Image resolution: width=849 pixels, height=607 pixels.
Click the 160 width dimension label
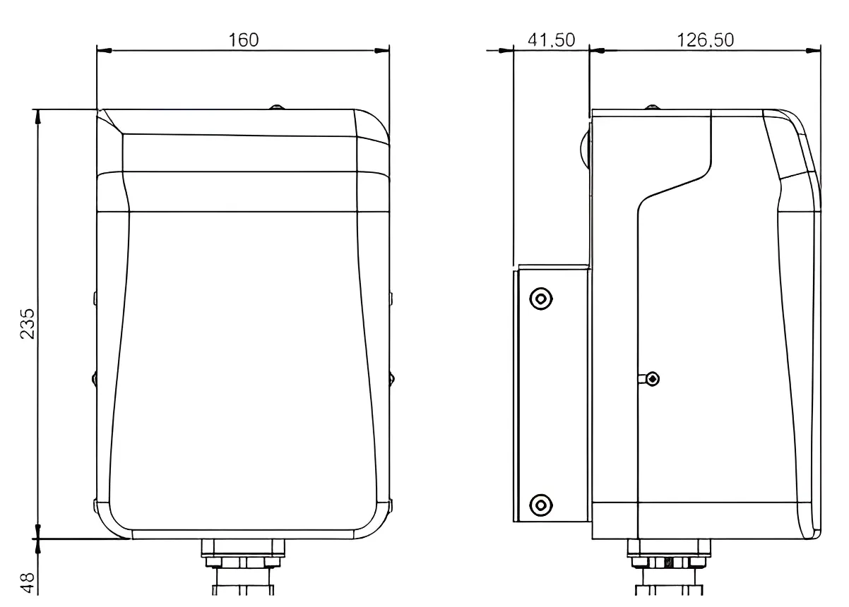[244, 40]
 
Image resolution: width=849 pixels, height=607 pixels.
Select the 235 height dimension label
[28, 324]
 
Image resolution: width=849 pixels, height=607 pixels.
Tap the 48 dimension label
[28, 583]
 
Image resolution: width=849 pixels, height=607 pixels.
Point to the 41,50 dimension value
[552, 40]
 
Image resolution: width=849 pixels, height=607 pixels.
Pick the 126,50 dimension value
[706, 40]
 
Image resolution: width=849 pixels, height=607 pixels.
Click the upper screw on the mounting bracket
[541, 299]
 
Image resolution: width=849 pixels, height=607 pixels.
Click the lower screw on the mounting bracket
[541, 505]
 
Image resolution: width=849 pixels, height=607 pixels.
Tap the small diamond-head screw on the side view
[652, 378]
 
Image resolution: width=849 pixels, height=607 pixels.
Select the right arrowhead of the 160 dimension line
[381, 50]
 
